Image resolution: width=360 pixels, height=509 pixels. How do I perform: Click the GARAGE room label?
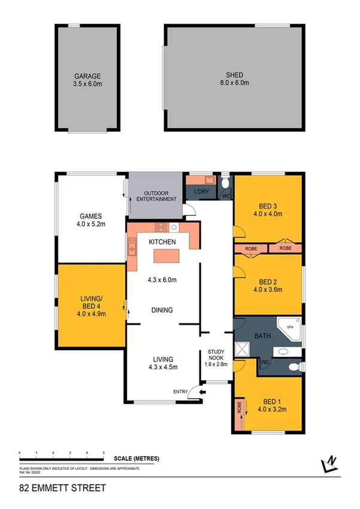[87, 76]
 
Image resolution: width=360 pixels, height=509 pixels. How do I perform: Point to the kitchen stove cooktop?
[162, 227]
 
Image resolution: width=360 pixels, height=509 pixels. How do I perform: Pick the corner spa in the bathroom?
[291, 330]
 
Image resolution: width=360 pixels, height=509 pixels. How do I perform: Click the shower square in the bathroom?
[243, 349]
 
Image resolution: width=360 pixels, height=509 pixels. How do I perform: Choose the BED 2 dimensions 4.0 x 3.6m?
[268, 290]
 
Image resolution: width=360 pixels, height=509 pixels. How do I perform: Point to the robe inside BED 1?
[238, 412]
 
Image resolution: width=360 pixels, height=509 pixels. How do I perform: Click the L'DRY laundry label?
[201, 192]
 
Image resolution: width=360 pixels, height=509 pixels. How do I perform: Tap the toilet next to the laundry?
[225, 182]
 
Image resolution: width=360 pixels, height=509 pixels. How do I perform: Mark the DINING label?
[162, 310]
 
